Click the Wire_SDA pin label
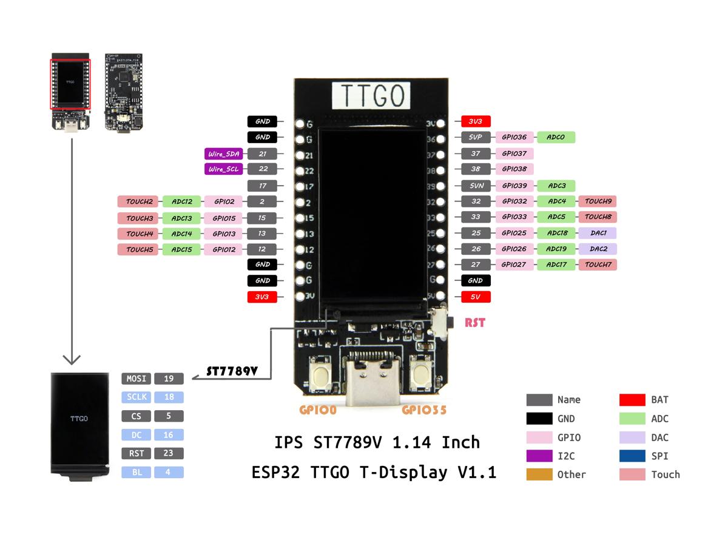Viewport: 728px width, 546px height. click(x=224, y=154)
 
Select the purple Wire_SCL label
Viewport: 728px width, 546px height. click(x=224, y=169)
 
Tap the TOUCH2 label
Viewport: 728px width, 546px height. click(x=139, y=201)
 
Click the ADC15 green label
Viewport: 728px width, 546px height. click(x=181, y=249)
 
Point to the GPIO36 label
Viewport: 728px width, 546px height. click(x=514, y=138)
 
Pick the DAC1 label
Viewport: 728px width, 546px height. click(x=598, y=233)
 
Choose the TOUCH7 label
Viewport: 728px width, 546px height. click(x=598, y=265)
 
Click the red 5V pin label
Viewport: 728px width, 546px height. click(x=476, y=297)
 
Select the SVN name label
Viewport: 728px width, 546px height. click(x=476, y=186)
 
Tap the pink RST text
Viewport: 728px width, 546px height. click(x=475, y=323)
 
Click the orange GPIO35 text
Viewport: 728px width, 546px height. click(x=424, y=410)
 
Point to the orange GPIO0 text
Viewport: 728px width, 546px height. click(x=318, y=410)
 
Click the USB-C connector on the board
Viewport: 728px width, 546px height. click(x=371, y=376)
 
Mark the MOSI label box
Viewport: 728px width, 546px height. click(x=136, y=379)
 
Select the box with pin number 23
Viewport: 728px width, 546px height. click(x=169, y=453)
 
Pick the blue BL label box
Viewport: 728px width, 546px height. click(x=136, y=472)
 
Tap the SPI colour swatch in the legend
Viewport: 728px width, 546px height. click(x=632, y=456)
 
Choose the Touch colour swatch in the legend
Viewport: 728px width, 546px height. click(x=632, y=474)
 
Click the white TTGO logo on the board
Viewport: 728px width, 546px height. click(x=371, y=96)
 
